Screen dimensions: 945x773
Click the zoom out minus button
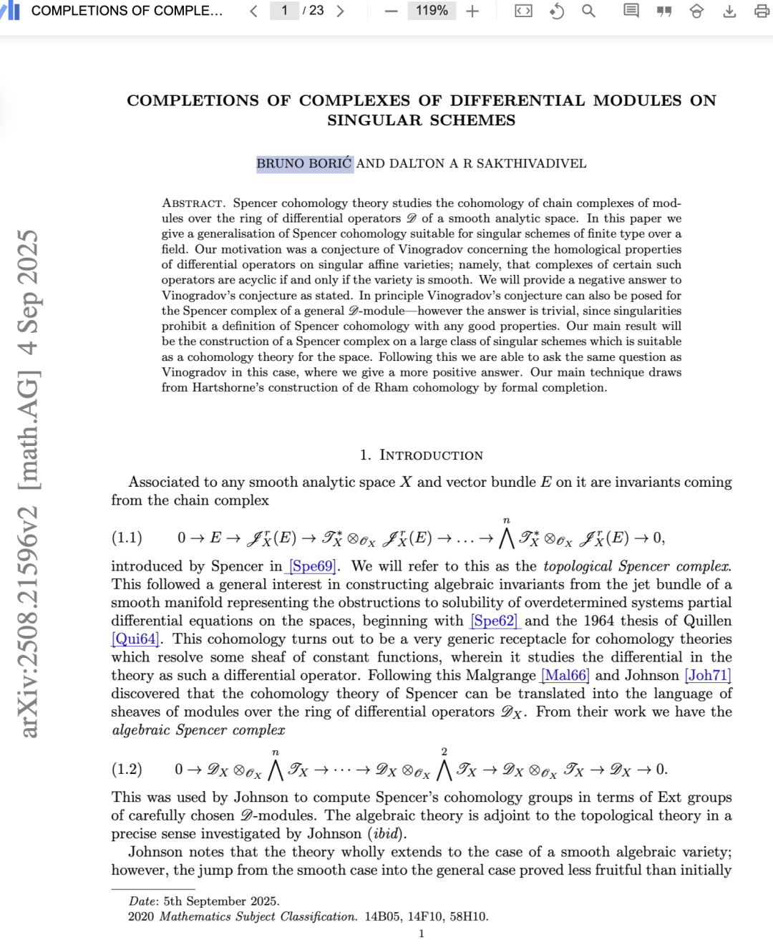(391, 11)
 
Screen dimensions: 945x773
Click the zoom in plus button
(472, 11)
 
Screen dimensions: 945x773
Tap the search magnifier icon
(588, 11)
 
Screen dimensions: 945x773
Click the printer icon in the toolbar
(762, 11)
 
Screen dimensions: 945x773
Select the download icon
(729, 11)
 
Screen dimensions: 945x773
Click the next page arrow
(340, 11)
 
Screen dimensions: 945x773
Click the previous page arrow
(253, 11)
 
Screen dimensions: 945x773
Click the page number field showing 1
(284, 11)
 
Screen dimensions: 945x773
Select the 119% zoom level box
(432, 11)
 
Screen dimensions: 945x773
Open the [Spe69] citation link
(313, 566)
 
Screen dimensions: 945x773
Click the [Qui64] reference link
(135, 639)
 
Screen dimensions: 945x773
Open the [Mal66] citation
(565, 675)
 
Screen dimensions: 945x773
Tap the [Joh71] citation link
(708, 675)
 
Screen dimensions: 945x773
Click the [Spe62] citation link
(495, 621)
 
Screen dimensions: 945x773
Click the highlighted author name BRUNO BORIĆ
(304, 163)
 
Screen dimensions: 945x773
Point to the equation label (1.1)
(127, 538)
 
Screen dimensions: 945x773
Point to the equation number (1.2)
(127, 770)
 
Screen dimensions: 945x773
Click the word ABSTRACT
(193, 203)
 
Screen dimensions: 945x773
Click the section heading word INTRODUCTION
(431, 455)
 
